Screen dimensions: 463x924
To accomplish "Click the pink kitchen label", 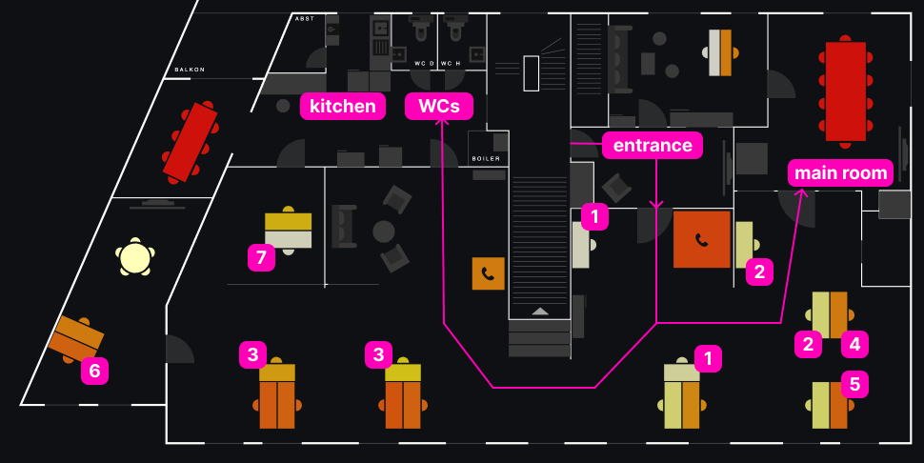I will coord(343,106).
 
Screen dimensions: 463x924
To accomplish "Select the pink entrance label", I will coord(652,145).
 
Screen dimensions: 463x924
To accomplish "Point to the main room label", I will coord(841,173).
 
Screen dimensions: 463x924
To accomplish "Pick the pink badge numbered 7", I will coord(261,256).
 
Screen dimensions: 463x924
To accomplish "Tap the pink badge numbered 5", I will coord(854,384).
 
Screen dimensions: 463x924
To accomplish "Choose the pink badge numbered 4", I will coord(854,343).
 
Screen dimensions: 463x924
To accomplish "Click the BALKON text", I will coord(190,70).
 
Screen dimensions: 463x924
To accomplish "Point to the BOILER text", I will coord(486,158).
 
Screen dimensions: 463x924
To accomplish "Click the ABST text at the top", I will coord(305,18).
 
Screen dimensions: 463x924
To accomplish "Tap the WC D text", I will coord(423,63).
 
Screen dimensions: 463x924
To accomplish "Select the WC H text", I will coord(451,63).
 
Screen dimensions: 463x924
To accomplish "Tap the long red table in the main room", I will coord(845,91).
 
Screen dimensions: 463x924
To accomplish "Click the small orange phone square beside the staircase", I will coord(488,273).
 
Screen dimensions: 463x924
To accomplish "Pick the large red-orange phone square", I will coord(702,239).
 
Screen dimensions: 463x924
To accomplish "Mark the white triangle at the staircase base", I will coord(540,311).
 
